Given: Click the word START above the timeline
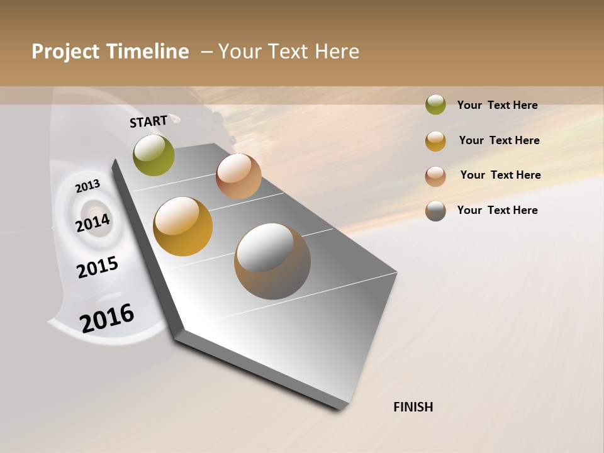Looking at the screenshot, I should tap(148, 121).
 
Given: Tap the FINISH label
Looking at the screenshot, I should tap(413, 407).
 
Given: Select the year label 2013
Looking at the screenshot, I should tap(87, 186).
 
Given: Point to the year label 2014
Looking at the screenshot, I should tap(93, 223).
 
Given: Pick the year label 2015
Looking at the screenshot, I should tap(98, 267).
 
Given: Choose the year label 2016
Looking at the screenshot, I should tap(107, 318).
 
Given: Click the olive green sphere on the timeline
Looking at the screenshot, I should tap(154, 155).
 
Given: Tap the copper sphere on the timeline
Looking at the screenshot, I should tap(238, 176).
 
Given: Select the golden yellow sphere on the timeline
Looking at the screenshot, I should tap(183, 226).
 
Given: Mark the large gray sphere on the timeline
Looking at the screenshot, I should tap(272, 261).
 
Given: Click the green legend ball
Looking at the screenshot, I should tap(435, 104).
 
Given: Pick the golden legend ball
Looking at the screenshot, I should tap(435, 141).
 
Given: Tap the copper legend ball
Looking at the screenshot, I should tap(435, 176).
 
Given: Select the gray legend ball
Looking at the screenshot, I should tap(435, 211).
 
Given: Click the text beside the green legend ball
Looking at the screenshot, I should tap(497, 105).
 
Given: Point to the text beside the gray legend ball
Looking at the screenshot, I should tap(497, 210).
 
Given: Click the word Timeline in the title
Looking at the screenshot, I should tap(147, 52).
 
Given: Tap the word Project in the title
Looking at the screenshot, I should tap(65, 52).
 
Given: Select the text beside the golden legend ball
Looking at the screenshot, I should tap(499, 140).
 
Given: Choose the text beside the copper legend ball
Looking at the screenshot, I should tap(500, 175).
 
